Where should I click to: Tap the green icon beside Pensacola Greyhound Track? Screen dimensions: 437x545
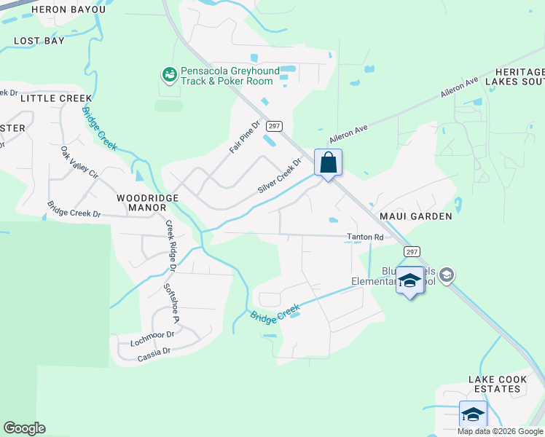tap(169, 74)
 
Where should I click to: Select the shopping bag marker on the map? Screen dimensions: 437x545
tap(328, 162)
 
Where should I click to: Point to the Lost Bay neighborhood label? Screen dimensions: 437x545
tap(39, 41)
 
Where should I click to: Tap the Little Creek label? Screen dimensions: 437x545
tap(56, 98)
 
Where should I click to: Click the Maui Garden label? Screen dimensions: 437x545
tap(415, 216)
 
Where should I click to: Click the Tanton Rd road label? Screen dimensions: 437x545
tap(364, 237)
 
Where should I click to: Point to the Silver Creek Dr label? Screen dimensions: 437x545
tap(279, 177)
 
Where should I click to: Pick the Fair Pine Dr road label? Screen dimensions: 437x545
tap(245, 136)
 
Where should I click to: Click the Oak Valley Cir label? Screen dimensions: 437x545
tap(79, 163)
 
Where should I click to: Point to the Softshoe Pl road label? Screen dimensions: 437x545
tap(171, 302)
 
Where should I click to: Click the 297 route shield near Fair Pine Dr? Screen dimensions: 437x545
tap(274, 126)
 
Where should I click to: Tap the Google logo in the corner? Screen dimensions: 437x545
tap(24, 428)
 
